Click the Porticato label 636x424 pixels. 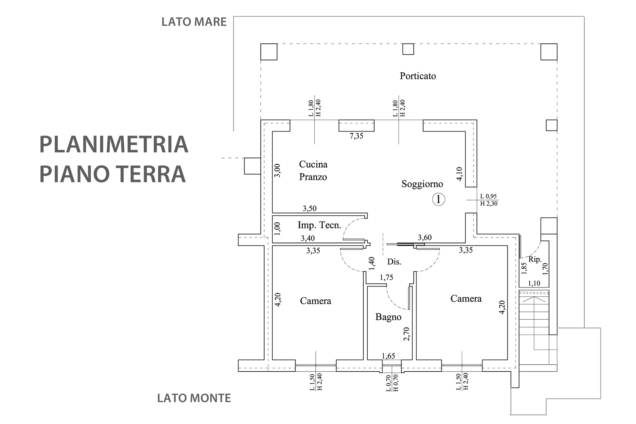click(x=417, y=76)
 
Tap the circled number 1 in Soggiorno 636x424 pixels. click(x=439, y=199)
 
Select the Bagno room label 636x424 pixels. click(x=388, y=317)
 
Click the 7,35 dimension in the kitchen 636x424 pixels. click(x=356, y=136)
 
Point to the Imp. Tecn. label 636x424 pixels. click(x=319, y=225)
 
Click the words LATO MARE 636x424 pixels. click(x=194, y=22)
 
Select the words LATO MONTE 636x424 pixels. click(x=194, y=398)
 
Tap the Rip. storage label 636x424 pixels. click(x=535, y=259)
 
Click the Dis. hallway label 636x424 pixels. click(x=394, y=262)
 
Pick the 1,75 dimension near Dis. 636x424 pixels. click(x=386, y=278)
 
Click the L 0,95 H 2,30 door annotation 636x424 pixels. click(x=489, y=200)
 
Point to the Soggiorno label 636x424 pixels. click(x=422, y=184)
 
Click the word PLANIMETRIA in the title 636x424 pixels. click(x=114, y=144)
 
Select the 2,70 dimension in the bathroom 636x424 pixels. click(x=407, y=334)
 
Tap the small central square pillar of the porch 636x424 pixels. click(x=408, y=49)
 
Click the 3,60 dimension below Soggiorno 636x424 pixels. click(x=425, y=238)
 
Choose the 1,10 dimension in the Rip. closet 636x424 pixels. click(x=534, y=283)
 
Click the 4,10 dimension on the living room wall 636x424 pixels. click(x=459, y=174)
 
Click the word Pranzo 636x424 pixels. click(x=313, y=177)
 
